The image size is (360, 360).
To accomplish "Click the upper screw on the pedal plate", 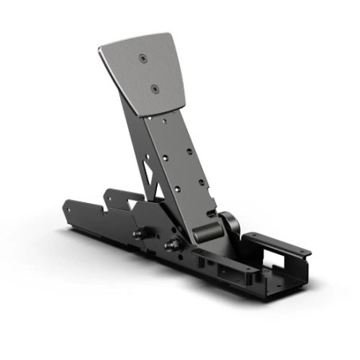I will coord(143,59).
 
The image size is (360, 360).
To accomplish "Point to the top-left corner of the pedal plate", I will coord(101,48).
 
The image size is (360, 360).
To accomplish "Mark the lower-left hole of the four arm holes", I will coord(177,190).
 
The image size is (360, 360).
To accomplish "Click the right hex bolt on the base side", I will coord(168,245).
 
